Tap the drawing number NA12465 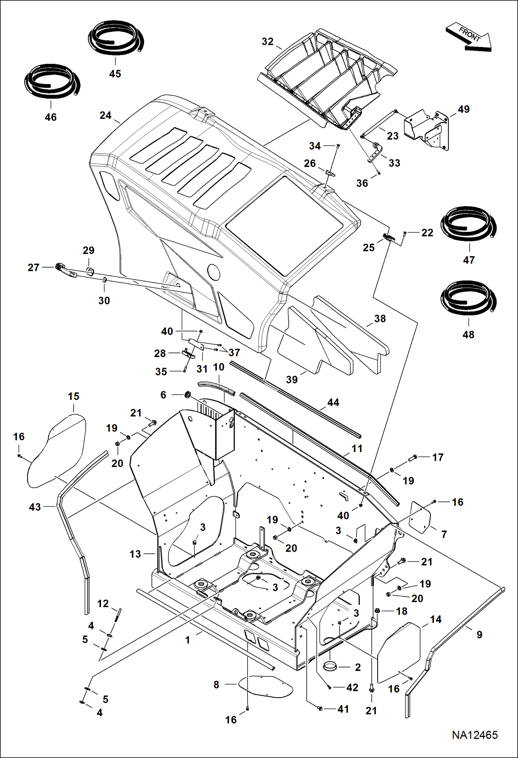(474, 735)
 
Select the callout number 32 (267, 41)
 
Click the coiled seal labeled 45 (115, 38)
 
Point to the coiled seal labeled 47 (469, 225)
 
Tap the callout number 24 (105, 115)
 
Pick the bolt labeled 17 (413, 459)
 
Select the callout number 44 (333, 402)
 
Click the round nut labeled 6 (188, 394)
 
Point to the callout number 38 (380, 318)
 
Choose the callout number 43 (35, 507)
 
